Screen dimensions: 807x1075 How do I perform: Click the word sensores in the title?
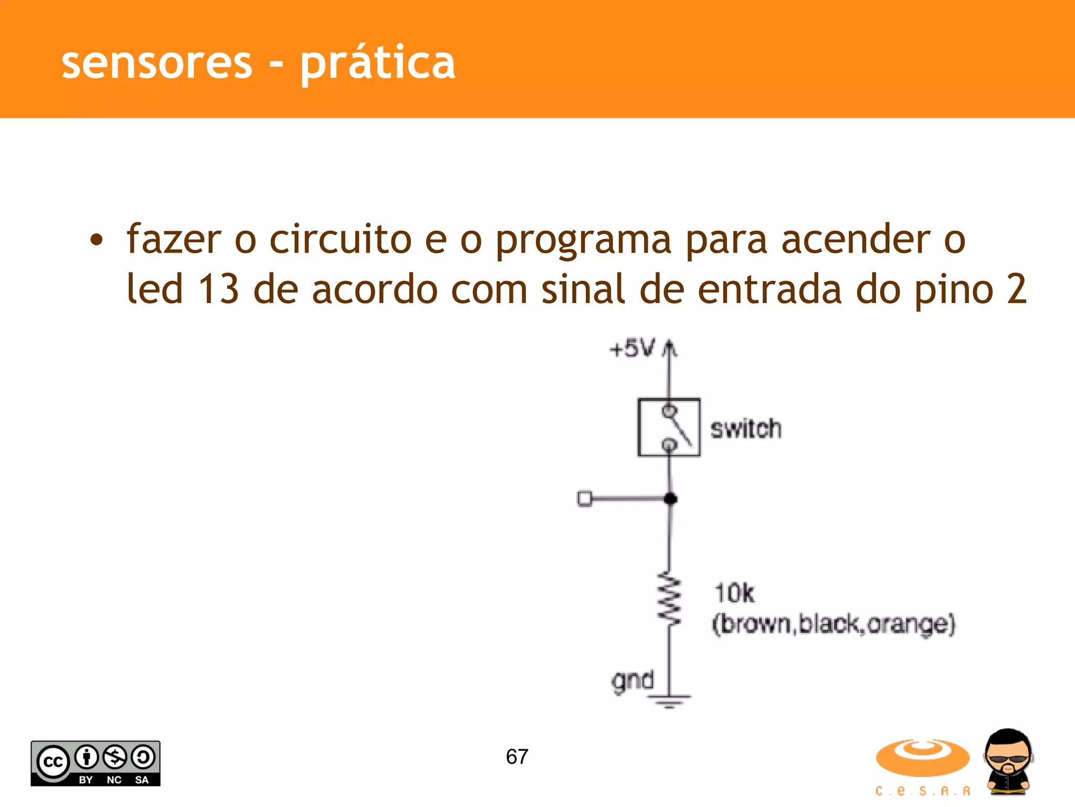pyautogui.click(x=157, y=64)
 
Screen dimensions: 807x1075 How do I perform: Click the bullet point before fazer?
pyautogui.click(x=97, y=241)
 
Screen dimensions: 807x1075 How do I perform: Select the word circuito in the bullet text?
pyautogui.click(x=340, y=240)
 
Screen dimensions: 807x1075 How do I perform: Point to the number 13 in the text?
pyautogui.click(x=218, y=289)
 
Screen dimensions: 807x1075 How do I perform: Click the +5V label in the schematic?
pyautogui.click(x=632, y=348)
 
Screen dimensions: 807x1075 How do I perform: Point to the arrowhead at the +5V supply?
pyautogui.click(x=669, y=347)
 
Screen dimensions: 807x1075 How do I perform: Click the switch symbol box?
pyautogui.click(x=669, y=428)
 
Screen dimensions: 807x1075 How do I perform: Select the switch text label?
pyautogui.click(x=745, y=429)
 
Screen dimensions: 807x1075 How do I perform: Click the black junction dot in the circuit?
pyautogui.click(x=670, y=499)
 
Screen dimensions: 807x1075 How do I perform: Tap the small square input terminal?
pyautogui.click(x=584, y=498)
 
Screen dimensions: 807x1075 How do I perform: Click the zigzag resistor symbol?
pyautogui.click(x=670, y=598)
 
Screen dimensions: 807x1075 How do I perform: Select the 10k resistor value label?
pyautogui.click(x=734, y=593)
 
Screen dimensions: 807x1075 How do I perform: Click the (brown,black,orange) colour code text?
pyautogui.click(x=834, y=624)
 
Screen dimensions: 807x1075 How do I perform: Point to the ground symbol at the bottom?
pyautogui.click(x=669, y=700)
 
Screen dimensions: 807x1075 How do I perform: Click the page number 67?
pyautogui.click(x=517, y=757)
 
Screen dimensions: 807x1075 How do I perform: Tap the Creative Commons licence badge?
pyautogui.click(x=96, y=763)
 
